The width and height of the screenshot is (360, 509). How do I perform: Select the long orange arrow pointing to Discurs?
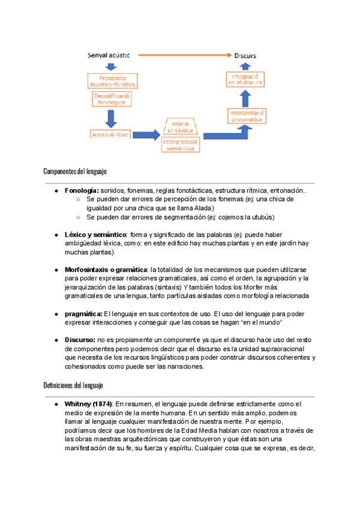click(x=186, y=56)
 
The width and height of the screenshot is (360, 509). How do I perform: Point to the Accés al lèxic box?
click(x=111, y=134)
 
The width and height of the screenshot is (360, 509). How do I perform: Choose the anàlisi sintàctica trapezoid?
click(x=182, y=126)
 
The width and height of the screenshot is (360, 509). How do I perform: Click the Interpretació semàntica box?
click(x=182, y=144)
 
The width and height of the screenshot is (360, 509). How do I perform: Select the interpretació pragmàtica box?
click(x=247, y=115)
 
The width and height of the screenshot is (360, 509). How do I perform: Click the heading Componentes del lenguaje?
click(x=75, y=172)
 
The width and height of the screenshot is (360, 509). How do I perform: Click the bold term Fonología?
click(x=82, y=190)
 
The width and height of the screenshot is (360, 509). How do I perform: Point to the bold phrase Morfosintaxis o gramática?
click(x=106, y=270)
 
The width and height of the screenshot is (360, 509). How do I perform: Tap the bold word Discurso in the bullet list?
click(x=80, y=340)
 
